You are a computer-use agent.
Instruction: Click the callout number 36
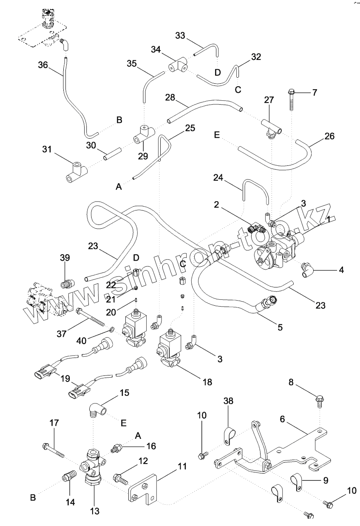point(43,65)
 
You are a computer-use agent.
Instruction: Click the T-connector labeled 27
point(269,127)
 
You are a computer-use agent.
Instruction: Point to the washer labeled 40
point(111,329)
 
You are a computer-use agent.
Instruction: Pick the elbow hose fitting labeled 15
point(97,410)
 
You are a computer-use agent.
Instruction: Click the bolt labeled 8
point(320,400)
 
